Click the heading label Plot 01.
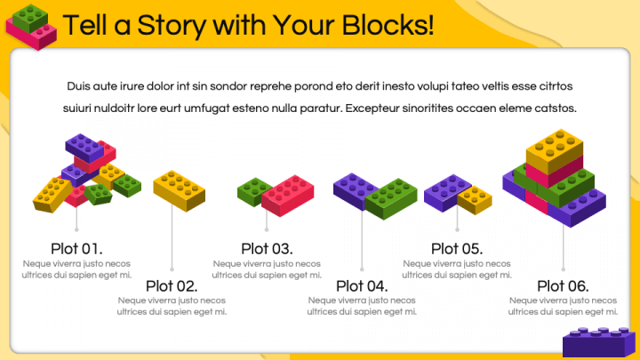tap(76, 249)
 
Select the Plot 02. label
tap(172, 286)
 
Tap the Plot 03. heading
tap(267, 249)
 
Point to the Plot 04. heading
tap(362, 286)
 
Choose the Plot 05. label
tap(457, 249)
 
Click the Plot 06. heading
tap(563, 286)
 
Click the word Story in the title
tap(172, 25)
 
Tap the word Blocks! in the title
tap(388, 25)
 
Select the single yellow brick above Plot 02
tap(180, 191)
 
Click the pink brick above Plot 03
tap(288, 196)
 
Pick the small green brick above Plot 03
tap(253, 191)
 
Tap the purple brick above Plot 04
tap(354, 191)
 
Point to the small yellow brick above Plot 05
tap(475, 200)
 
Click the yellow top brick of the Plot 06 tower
tap(555, 150)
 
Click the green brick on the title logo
tap(30, 18)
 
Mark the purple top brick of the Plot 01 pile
tap(84, 148)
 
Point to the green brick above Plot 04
tap(391, 199)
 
